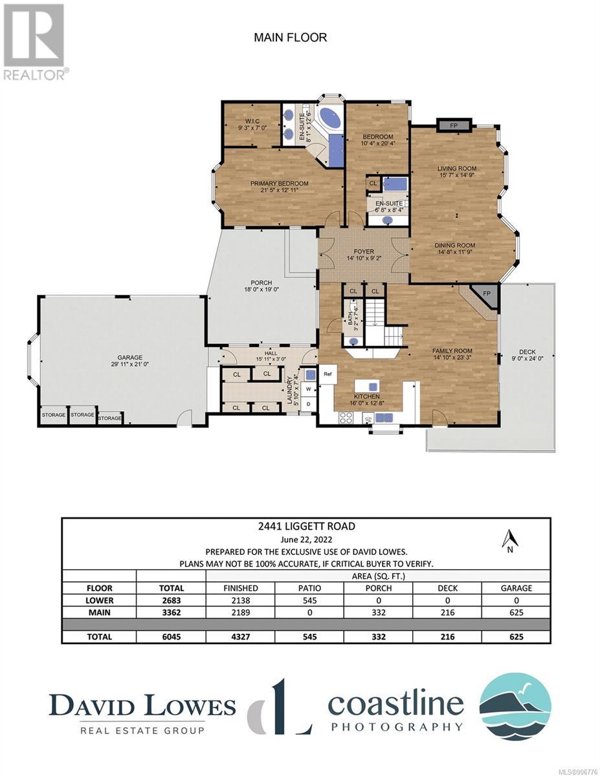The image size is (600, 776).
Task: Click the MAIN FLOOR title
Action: tap(290, 38)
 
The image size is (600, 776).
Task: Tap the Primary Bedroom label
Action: tap(279, 184)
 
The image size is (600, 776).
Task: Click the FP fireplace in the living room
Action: tap(454, 125)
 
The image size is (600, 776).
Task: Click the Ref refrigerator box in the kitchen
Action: tap(328, 374)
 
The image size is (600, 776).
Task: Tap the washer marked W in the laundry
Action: tap(308, 389)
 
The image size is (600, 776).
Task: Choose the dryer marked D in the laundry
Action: tap(308, 404)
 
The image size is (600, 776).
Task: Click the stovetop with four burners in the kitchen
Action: tap(346, 418)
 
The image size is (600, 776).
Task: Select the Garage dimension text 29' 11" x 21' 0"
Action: tap(129, 364)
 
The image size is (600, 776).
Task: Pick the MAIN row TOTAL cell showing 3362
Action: tap(171, 612)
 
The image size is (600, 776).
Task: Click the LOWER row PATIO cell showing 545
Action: tap(309, 600)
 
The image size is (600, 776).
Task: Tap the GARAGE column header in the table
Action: tap(516, 588)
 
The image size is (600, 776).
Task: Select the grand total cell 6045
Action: tap(171, 637)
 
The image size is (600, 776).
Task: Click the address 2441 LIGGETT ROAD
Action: tap(307, 526)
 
